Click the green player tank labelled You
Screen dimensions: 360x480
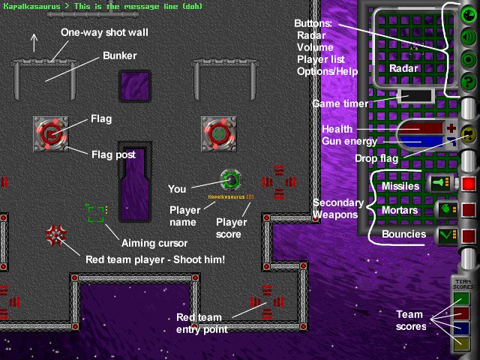pos(231,180)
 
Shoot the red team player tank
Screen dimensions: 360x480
pos(55,235)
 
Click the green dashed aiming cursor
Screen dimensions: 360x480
pos(95,214)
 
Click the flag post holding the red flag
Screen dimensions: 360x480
pos(51,134)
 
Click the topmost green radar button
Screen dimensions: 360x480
pos(469,14)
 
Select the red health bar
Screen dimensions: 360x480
pos(421,129)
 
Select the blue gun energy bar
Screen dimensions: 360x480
pos(421,140)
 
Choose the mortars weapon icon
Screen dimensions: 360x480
pos(443,208)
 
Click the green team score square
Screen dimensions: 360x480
pos(461,298)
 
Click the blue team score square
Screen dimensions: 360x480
pos(461,328)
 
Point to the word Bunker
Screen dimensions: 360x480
pos(120,55)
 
